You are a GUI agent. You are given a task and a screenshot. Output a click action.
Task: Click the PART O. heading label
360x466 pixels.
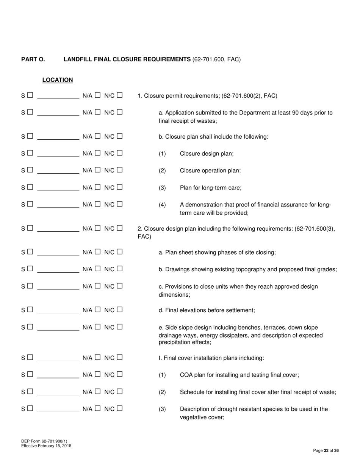(33, 59)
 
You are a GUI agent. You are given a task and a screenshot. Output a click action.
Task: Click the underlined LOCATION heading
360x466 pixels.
(58, 80)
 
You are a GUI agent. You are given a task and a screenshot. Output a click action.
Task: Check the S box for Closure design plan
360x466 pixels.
(30, 153)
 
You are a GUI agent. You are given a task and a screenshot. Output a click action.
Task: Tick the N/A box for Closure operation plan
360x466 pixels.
(98, 170)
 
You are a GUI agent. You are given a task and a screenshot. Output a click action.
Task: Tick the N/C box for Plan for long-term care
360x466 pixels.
(120, 187)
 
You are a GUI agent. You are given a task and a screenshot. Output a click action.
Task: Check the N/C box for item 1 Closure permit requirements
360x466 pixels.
(120, 95)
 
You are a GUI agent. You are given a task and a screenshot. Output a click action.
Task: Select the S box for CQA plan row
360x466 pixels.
(30, 374)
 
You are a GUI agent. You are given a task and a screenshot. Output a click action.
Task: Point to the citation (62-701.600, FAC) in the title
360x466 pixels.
(216, 59)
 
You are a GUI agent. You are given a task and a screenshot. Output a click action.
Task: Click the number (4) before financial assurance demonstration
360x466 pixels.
(162, 205)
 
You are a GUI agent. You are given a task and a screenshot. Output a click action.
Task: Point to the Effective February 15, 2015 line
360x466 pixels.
(46, 446)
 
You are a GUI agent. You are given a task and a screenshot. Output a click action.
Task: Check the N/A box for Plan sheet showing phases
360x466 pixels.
(98, 252)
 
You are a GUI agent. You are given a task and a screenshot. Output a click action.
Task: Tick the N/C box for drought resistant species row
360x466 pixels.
(120, 408)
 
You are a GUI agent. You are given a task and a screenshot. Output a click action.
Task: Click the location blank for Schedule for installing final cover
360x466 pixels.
(58, 393)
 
